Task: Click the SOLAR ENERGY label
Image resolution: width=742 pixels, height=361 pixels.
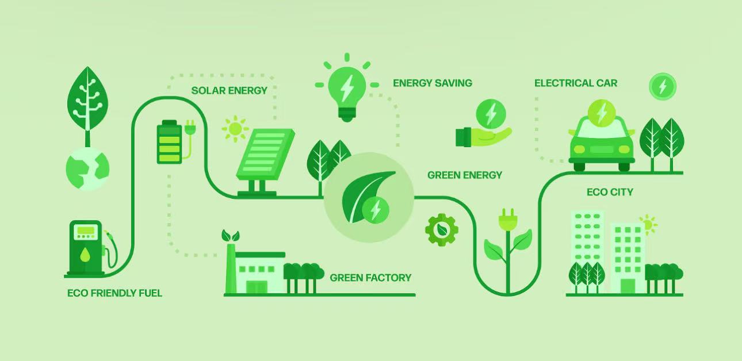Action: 229,90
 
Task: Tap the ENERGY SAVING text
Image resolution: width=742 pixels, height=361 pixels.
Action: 432,83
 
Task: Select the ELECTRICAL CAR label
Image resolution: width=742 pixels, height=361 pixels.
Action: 575,83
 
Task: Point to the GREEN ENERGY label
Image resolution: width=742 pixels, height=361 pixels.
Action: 464,175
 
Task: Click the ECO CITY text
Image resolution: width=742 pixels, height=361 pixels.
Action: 610,192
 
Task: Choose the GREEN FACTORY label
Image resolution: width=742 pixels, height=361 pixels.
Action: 370,278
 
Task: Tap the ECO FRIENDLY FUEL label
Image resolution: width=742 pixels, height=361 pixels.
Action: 114,293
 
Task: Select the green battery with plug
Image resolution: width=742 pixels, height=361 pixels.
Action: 170,141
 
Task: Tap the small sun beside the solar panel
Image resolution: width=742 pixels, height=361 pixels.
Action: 234,129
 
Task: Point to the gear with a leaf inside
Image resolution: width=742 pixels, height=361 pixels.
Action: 442,230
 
